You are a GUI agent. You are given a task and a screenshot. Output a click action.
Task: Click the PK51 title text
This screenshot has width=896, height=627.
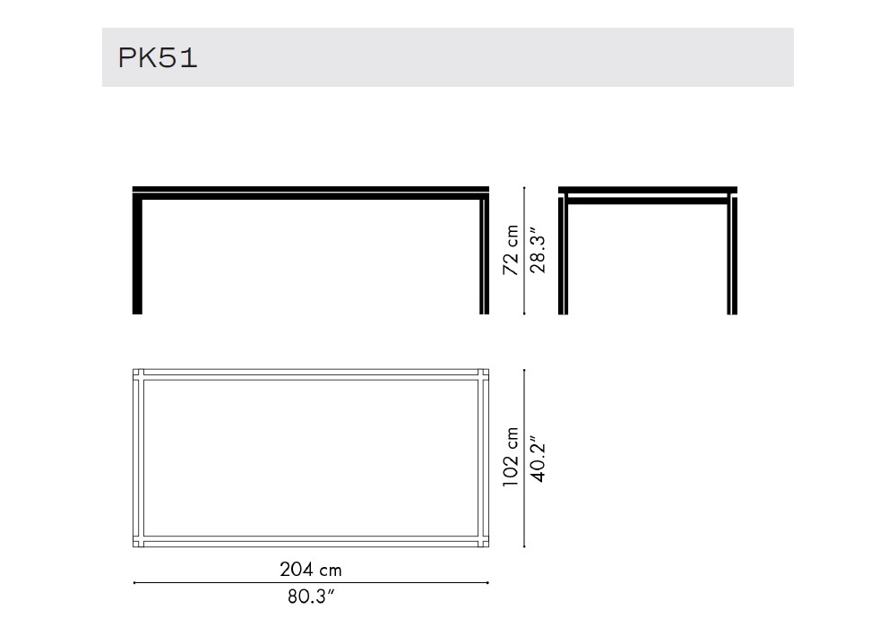tap(158, 57)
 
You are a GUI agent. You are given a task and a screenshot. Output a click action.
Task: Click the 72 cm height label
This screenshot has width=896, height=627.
tap(511, 250)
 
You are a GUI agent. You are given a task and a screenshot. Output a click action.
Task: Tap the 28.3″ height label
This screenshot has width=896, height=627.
tap(538, 251)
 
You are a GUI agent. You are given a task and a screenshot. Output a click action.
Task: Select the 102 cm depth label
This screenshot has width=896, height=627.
tap(511, 457)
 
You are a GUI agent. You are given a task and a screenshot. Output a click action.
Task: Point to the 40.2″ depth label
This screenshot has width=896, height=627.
tap(538, 459)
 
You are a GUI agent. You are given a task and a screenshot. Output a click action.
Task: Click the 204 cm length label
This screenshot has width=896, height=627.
tap(310, 570)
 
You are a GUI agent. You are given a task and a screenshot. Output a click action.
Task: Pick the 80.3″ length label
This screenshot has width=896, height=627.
tap(310, 597)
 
